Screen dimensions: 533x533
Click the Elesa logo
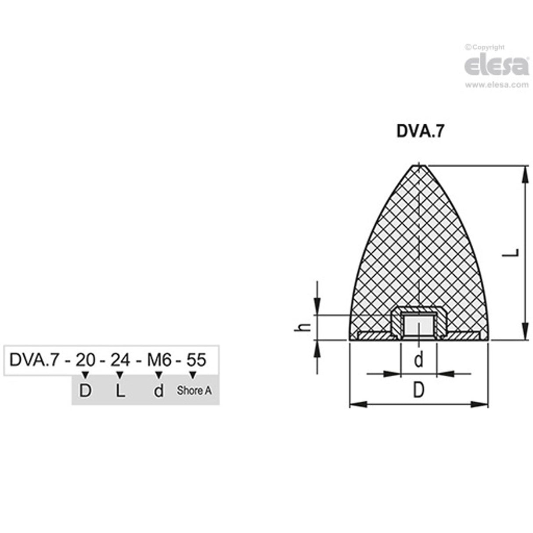[497, 66]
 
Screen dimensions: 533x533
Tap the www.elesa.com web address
[497, 85]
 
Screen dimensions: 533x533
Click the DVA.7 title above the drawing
[420, 132]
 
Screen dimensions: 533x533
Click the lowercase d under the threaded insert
[419, 360]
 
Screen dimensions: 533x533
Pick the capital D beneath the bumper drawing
[419, 390]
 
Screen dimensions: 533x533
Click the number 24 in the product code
[120, 360]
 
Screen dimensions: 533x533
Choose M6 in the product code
[159, 360]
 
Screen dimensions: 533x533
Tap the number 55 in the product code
[196, 360]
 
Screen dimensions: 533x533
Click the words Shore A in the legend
[194, 390]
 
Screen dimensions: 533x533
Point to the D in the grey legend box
[85, 390]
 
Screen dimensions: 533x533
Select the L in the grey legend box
[120, 390]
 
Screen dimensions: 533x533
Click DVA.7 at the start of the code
[33, 360]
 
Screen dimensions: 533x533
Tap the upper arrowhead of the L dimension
[524, 173]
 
